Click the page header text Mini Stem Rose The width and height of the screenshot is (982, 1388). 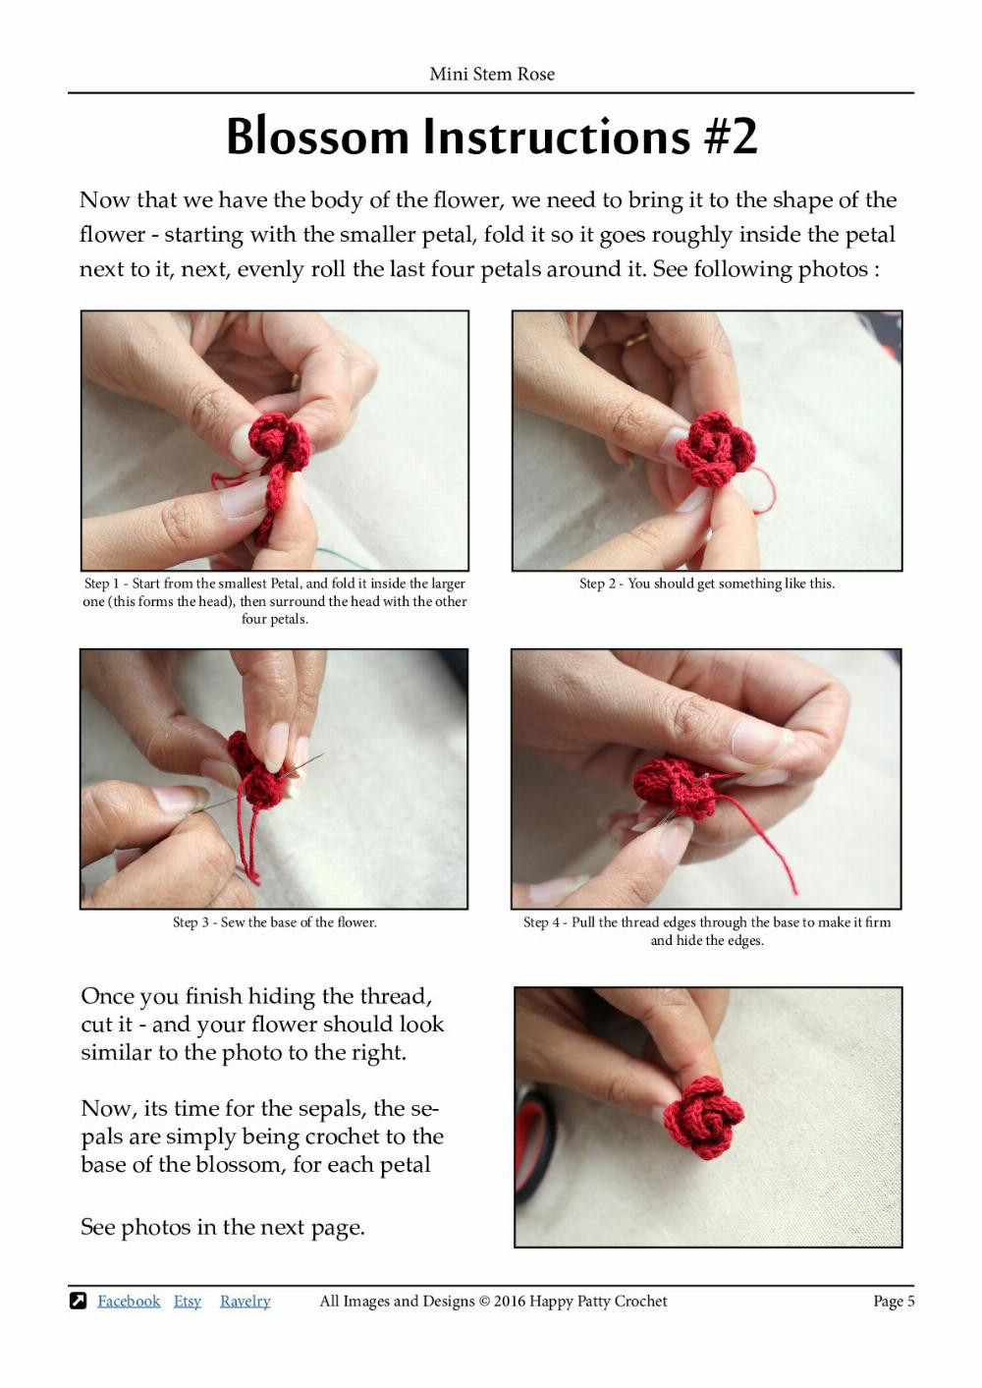[491, 74]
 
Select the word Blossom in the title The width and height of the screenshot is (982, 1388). [317, 137]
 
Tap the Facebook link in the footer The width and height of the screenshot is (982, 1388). [128, 1301]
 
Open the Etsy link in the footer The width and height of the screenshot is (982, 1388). [187, 1301]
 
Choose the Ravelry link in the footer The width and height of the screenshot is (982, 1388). [245, 1301]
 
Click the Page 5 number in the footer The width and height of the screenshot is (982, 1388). [894, 1301]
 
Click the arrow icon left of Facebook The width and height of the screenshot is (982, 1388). [79, 1301]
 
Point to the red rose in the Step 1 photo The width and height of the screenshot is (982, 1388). [279, 442]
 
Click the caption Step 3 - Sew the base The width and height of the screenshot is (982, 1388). [275, 922]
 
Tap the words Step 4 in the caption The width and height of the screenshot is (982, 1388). [541, 922]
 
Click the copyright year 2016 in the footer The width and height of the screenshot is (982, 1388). [509, 1301]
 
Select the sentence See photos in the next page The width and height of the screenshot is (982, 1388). [222, 1227]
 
